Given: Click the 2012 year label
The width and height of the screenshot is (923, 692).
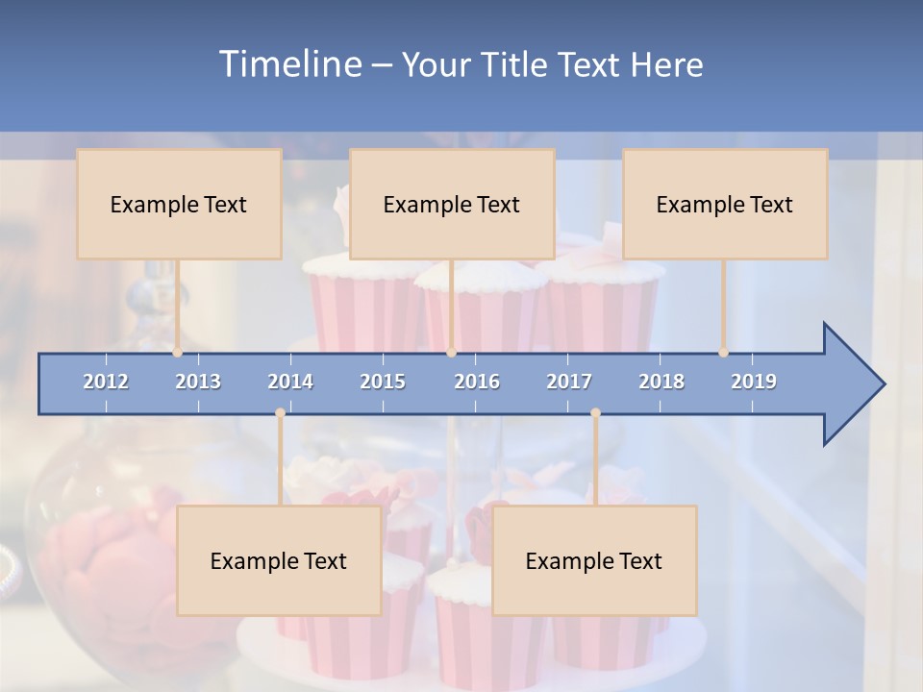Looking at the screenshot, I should click(106, 382).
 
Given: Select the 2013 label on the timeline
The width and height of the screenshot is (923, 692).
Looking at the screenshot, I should click(198, 382).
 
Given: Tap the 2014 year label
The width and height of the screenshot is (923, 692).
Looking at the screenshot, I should click(290, 382).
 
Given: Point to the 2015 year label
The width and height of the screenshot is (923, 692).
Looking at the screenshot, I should click(383, 382).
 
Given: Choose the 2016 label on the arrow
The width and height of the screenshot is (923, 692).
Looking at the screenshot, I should click(477, 382).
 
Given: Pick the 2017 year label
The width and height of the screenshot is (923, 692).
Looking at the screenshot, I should click(569, 382).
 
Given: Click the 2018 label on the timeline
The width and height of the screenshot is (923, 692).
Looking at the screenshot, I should click(661, 382).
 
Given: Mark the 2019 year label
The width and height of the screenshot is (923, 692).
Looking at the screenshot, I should click(754, 382).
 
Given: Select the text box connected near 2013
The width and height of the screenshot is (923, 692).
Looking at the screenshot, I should click(179, 204).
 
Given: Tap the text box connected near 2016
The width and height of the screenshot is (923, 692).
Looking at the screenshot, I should click(452, 204).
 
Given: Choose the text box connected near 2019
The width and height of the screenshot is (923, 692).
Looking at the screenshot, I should click(725, 204).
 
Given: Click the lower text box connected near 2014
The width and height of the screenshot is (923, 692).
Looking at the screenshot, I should click(279, 560).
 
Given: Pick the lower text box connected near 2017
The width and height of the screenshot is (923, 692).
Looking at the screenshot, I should click(594, 560).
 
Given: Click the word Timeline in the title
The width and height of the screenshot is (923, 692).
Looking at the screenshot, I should click(288, 64).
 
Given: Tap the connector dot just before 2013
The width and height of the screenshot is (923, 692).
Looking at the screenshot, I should click(178, 353).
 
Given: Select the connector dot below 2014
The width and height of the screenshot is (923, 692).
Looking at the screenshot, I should click(280, 413).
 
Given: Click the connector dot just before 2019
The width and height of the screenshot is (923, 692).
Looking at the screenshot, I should click(723, 353).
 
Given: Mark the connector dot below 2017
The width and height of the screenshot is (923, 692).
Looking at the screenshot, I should click(595, 413).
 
